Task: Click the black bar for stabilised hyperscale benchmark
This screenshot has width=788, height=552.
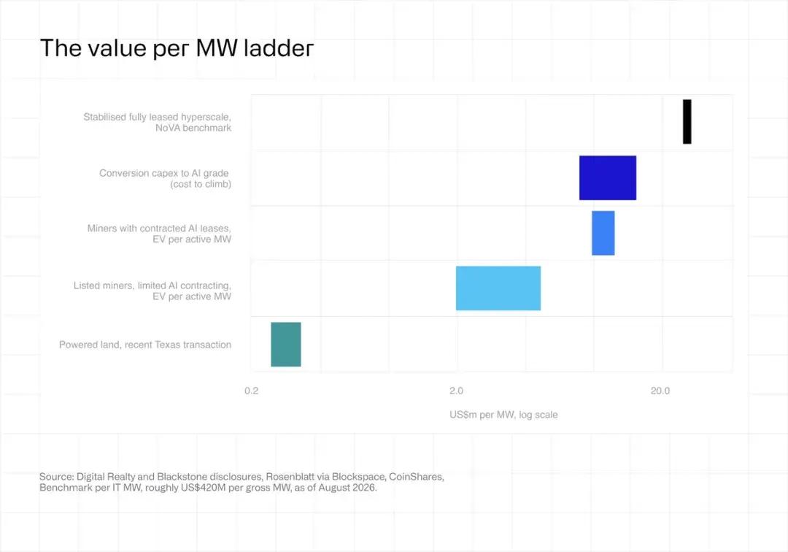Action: (x=687, y=122)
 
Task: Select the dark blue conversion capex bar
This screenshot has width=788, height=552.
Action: (x=608, y=178)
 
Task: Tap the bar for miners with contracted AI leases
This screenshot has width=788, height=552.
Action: (x=603, y=233)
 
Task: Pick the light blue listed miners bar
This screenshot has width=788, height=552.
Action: (x=498, y=288)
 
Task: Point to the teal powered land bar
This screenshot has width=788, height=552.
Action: (x=286, y=345)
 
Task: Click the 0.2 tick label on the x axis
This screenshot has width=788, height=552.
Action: (x=251, y=391)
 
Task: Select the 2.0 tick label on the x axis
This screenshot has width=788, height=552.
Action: (x=456, y=391)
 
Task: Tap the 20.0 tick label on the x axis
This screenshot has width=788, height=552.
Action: (x=660, y=391)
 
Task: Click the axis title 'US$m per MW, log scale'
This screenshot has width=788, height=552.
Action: (x=503, y=415)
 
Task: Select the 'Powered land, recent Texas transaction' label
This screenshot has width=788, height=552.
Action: (x=145, y=345)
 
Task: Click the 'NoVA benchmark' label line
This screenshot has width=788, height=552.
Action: (x=193, y=129)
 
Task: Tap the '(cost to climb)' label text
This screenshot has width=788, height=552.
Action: (x=201, y=185)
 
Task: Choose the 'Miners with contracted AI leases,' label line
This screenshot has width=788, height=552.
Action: (x=159, y=229)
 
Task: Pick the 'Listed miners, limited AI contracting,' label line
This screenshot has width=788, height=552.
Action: (x=152, y=285)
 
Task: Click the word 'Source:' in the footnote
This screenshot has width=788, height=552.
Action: (x=57, y=477)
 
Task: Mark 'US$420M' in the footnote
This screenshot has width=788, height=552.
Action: (x=205, y=488)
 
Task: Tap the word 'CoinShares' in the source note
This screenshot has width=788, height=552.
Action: (x=417, y=477)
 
